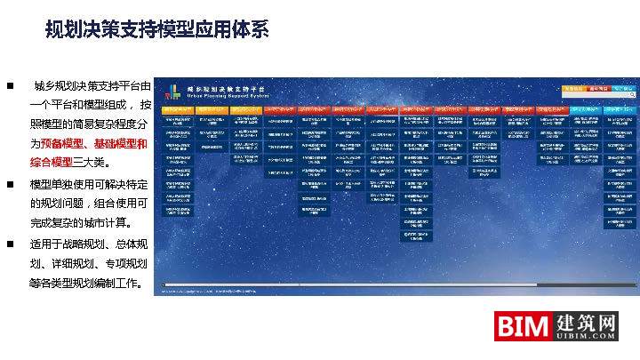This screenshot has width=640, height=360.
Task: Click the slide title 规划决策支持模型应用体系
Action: tap(156, 30)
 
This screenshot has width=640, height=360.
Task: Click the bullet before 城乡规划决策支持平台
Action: tap(10, 86)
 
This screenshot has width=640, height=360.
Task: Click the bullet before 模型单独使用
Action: tap(10, 184)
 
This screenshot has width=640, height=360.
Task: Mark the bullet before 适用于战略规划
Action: tap(10, 243)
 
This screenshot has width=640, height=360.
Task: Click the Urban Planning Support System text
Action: tap(222, 96)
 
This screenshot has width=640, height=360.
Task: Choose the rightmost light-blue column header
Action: tap(620, 109)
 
